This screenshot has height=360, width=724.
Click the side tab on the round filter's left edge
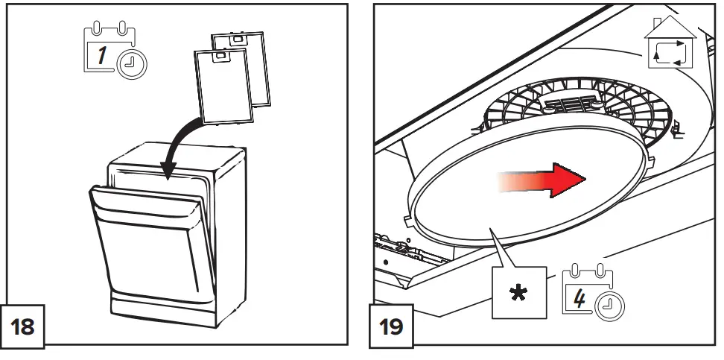click(x=407, y=221)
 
